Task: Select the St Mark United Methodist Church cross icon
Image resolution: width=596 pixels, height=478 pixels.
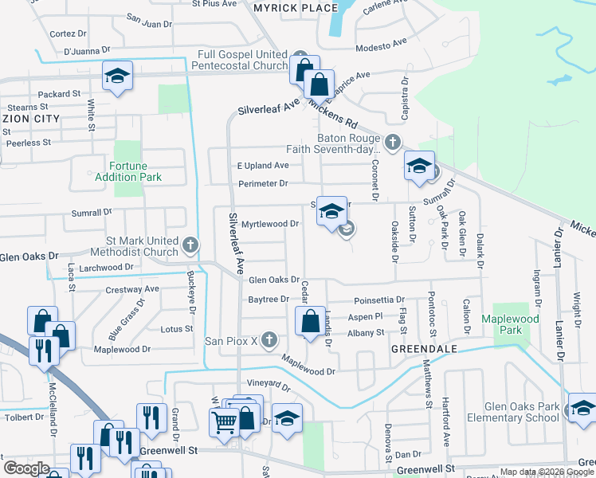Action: tap(190, 244)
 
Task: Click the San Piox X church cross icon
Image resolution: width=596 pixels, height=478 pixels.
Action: tap(269, 340)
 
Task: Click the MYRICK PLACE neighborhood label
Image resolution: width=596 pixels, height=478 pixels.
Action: tap(284, 7)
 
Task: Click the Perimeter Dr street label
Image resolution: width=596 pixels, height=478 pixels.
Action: tap(262, 184)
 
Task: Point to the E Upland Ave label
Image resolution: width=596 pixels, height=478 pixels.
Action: tap(262, 165)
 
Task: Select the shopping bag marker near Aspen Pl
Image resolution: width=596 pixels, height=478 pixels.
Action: tap(310, 321)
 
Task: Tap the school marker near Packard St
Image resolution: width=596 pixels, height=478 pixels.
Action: tap(117, 77)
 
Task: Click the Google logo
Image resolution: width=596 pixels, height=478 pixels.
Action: tap(26, 468)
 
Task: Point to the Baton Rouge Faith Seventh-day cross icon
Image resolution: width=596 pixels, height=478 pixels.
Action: tap(391, 143)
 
